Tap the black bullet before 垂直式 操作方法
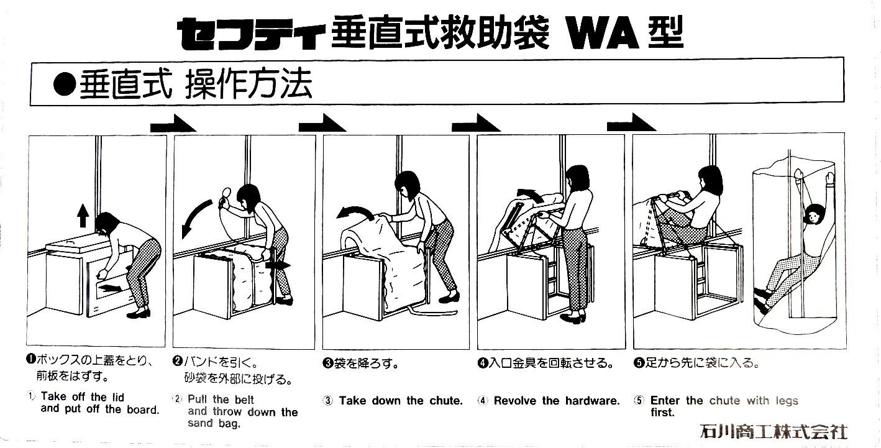point(64,85)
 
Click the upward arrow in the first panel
point(83,216)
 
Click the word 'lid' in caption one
point(119,397)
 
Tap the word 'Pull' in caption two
point(197,400)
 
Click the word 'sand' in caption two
point(197,423)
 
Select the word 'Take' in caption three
point(352,400)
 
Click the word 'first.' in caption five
point(662,413)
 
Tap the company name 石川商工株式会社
point(774,431)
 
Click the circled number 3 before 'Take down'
point(327,401)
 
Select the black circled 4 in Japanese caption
point(483,363)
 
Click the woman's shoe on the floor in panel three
point(449,298)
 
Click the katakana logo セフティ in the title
point(251,35)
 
